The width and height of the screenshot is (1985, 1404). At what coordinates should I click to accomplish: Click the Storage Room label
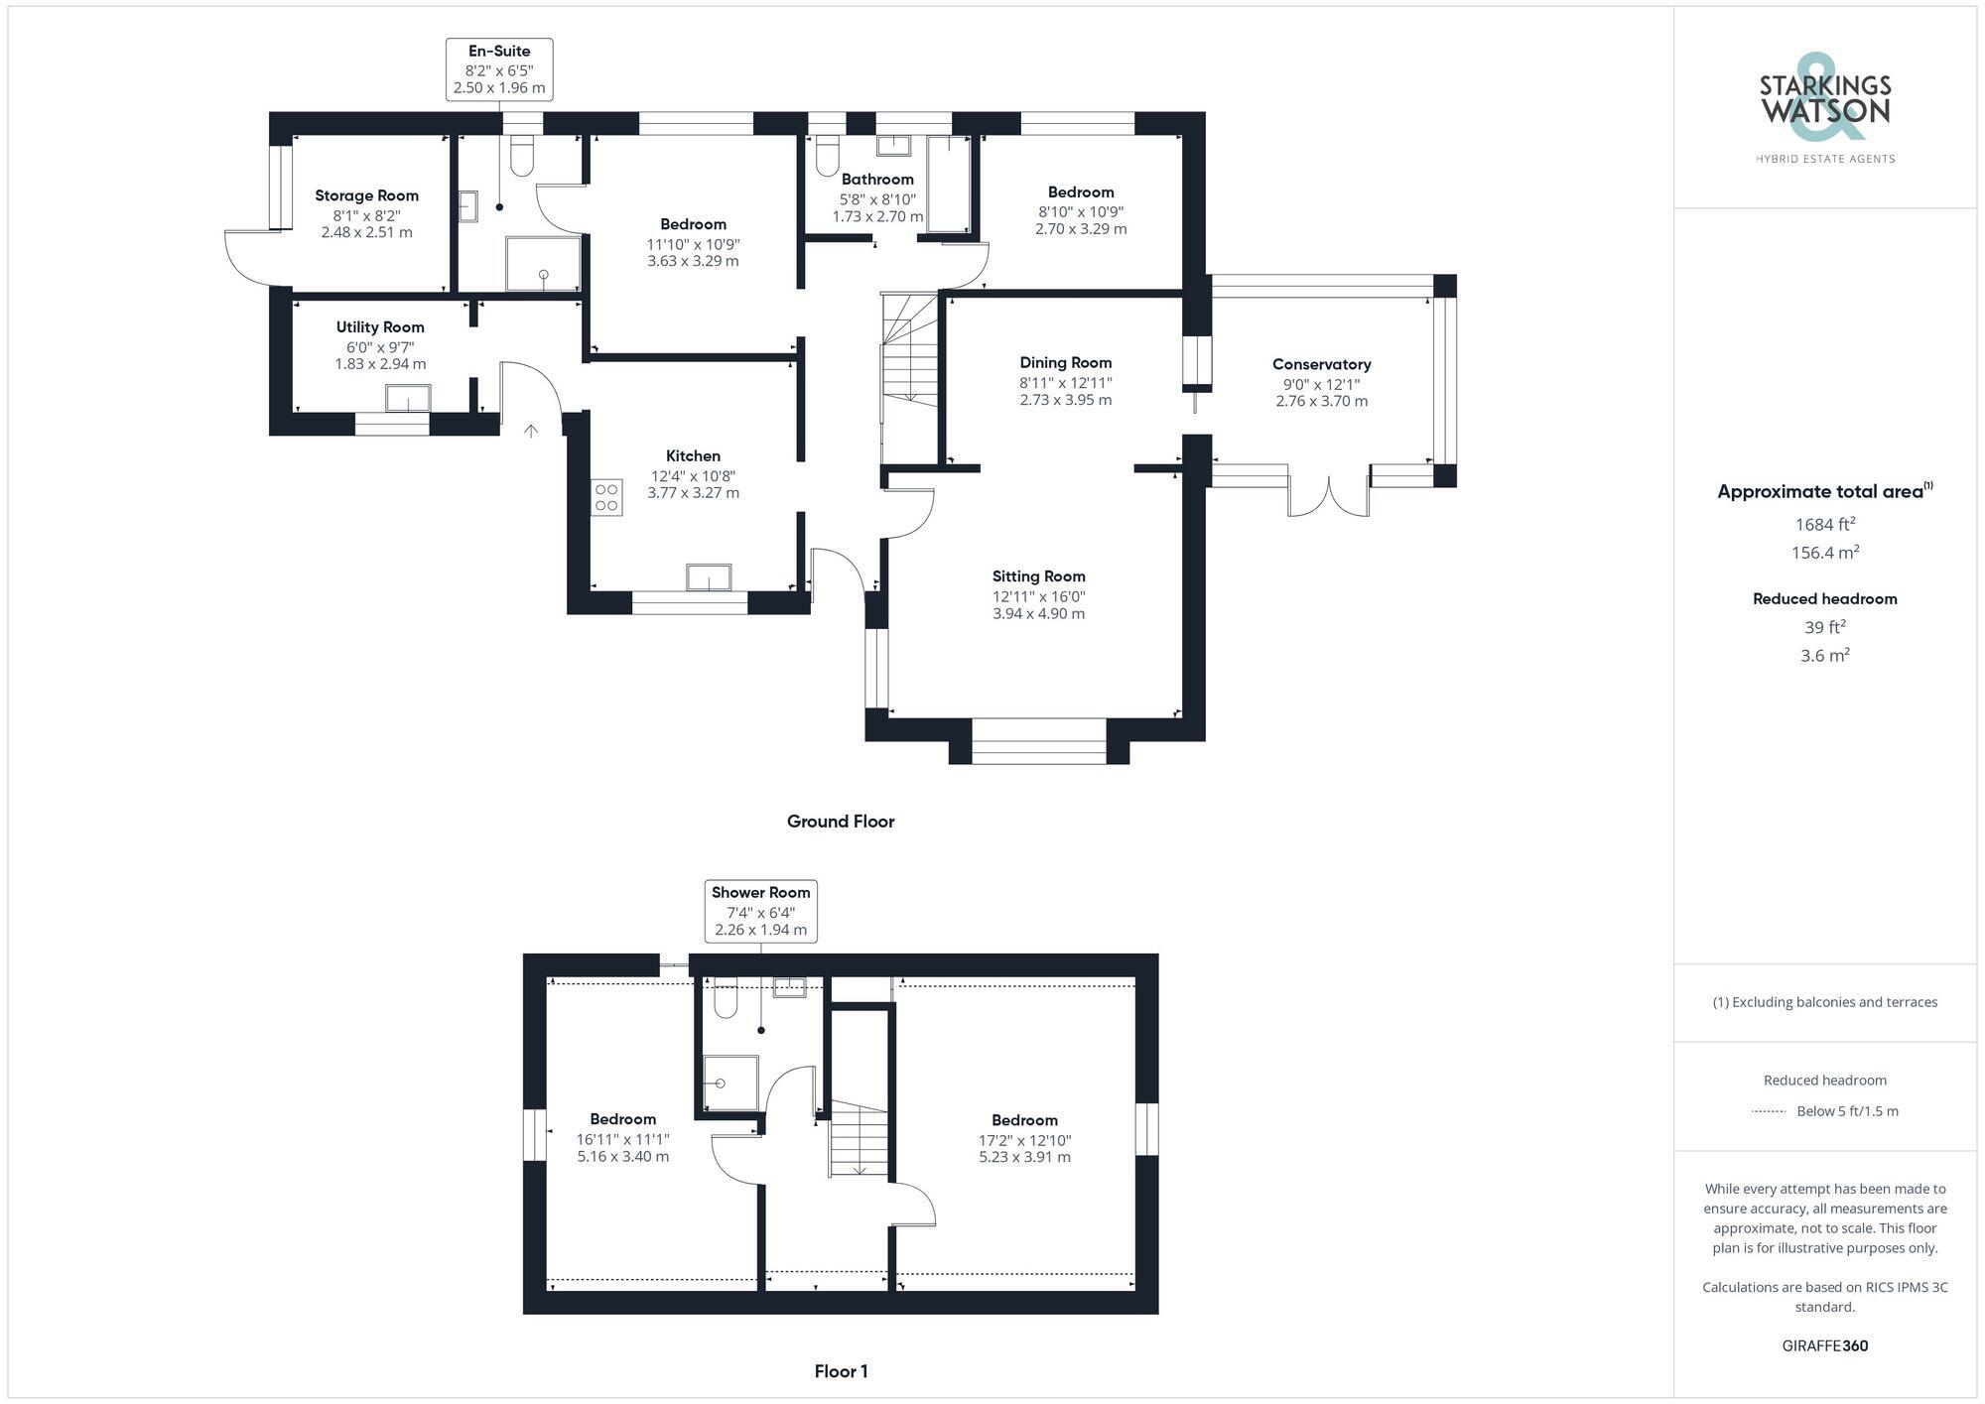tap(366, 195)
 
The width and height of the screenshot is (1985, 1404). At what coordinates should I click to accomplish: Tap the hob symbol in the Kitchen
tap(606, 497)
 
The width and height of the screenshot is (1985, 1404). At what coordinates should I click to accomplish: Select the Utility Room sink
tap(408, 398)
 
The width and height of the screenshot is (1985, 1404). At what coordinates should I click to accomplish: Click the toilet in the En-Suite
tap(522, 157)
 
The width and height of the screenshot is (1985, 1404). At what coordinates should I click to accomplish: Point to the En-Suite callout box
tap(498, 68)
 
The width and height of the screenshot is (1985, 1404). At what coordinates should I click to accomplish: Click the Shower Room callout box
tap(760, 910)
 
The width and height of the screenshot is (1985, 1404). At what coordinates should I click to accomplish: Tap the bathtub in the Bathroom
tap(948, 185)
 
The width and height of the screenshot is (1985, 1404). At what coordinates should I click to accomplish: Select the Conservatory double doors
tap(1329, 497)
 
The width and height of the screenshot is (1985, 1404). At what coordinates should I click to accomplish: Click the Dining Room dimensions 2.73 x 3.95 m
tap(1065, 400)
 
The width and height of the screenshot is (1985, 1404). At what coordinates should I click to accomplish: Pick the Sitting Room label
tap(1038, 575)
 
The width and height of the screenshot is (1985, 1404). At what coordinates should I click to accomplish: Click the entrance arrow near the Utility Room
tap(531, 431)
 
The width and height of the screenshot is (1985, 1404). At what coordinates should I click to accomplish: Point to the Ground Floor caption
tap(841, 821)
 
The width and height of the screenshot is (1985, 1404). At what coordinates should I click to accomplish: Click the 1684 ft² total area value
tap(1824, 524)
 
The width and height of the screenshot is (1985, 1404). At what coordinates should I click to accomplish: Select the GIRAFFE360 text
tap(1824, 1345)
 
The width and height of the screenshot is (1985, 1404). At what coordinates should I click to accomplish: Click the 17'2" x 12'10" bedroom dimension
tap(1024, 1140)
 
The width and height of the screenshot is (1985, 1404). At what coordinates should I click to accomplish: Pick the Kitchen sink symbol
tap(709, 576)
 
